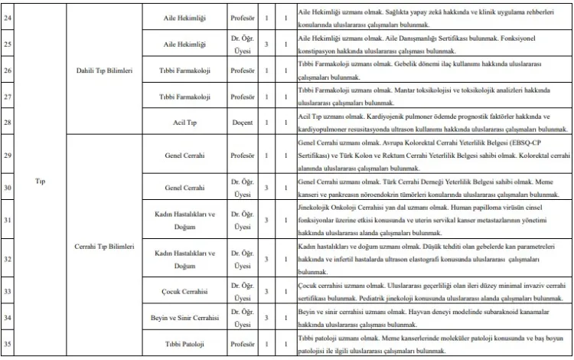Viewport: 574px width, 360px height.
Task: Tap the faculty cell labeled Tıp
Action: pos(41,182)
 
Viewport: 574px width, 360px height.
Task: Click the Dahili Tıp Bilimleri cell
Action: pos(105,70)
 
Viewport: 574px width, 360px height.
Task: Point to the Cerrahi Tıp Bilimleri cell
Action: pos(105,247)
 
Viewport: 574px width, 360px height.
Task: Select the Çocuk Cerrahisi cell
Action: pos(181,292)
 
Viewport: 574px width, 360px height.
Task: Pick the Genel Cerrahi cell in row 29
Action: pos(181,155)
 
